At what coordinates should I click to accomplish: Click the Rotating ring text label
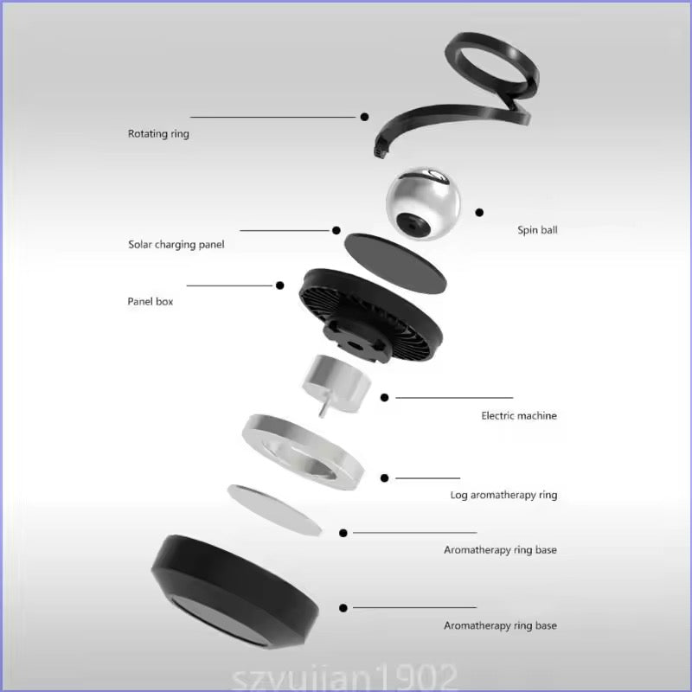(x=158, y=133)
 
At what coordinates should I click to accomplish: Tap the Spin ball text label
(x=537, y=229)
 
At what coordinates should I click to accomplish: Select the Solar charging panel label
(x=176, y=245)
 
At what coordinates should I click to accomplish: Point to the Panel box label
(x=150, y=301)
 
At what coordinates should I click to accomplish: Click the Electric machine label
(x=518, y=415)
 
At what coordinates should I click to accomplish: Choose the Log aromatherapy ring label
(x=503, y=495)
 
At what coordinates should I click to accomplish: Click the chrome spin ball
(x=423, y=203)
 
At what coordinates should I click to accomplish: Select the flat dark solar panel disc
(x=395, y=264)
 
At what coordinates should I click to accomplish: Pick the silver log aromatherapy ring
(x=304, y=452)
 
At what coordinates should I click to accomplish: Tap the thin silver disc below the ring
(x=274, y=510)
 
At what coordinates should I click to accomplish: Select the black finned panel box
(x=371, y=315)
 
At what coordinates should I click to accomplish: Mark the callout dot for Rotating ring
(x=364, y=117)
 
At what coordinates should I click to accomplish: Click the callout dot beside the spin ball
(x=479, y=213)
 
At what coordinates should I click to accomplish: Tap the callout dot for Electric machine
(x=384, y=398)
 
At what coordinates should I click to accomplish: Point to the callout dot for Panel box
(x=279, y=285)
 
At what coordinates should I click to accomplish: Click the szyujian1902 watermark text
(x=344, y=678)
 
